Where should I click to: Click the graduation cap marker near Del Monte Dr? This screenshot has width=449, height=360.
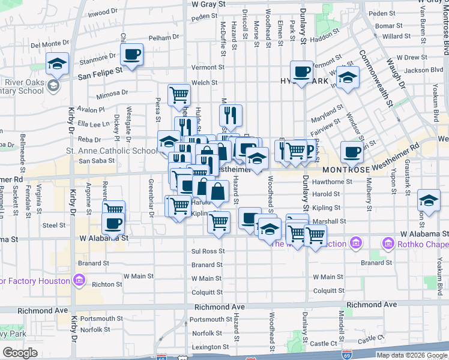click(x=58, y=64)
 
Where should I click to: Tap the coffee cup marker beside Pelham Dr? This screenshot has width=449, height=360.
click(x=131, y=55)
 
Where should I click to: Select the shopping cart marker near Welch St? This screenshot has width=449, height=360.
click(x=179, y=95)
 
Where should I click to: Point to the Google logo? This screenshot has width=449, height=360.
click(x=19, y=353)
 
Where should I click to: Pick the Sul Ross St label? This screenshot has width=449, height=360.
click(x=208, y=251)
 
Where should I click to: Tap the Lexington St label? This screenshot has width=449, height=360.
click(x=208, y=347)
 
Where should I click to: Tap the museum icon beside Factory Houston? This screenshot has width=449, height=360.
click(x=78, y=280)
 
